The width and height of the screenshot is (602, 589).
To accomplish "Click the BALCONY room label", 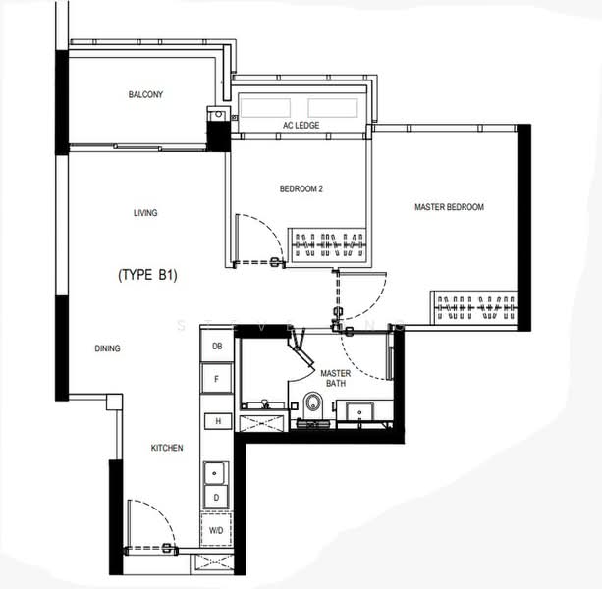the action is click(x=145, y=94).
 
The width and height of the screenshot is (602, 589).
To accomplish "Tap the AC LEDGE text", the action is click(x=301, y=125).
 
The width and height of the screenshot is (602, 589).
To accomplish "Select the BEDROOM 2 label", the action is click(x=301, y=188).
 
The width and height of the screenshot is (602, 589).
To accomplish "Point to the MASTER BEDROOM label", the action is click(x=449, y=207).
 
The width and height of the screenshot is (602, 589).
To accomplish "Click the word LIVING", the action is click(x=145, y=213).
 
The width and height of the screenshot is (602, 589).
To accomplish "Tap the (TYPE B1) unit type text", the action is click(x=148, y=275).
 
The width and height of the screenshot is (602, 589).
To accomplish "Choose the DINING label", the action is click(x=107, y=348).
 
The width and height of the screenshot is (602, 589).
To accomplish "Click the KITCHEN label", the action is click(x=167, y=448).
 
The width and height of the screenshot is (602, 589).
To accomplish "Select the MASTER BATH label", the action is click(x=336, y=378).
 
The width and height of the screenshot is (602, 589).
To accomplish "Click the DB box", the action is click(x=217, y=347).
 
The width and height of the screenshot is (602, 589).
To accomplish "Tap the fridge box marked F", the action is click(x=217, y=379).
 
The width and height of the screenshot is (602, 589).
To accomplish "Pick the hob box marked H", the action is click(x=218, y=421).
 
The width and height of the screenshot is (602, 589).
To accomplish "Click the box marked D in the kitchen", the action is click(x=216, y=498).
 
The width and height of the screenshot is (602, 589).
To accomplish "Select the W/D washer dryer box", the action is click(x=216, y=530).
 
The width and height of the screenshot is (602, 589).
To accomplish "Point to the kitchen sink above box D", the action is click(x=216, y=473).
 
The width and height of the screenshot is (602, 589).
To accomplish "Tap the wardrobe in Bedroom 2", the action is click(x=329, y=245).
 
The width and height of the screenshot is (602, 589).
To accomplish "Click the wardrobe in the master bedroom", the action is click(x=473, y=308).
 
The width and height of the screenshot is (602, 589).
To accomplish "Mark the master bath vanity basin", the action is click(x=359, y=411).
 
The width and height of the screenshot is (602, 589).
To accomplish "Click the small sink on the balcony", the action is click(x=218, y=114).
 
